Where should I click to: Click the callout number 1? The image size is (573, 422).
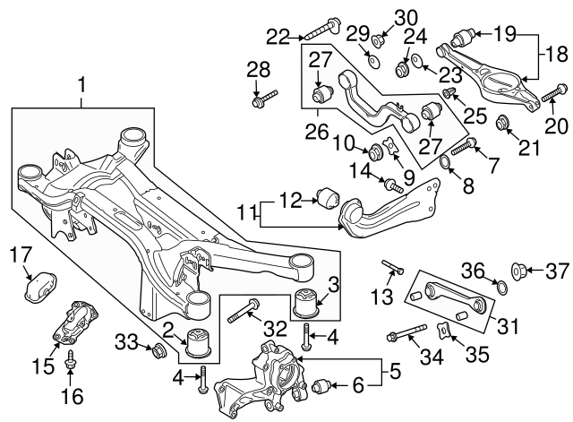point(82,87)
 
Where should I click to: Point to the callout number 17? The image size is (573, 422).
point(20,254)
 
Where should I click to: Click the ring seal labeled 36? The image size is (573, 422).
point(501,288)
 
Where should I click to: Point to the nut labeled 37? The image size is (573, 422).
point(518,268)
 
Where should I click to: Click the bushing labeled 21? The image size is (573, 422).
point(505,123)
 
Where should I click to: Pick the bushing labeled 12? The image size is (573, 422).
point(329,195)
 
